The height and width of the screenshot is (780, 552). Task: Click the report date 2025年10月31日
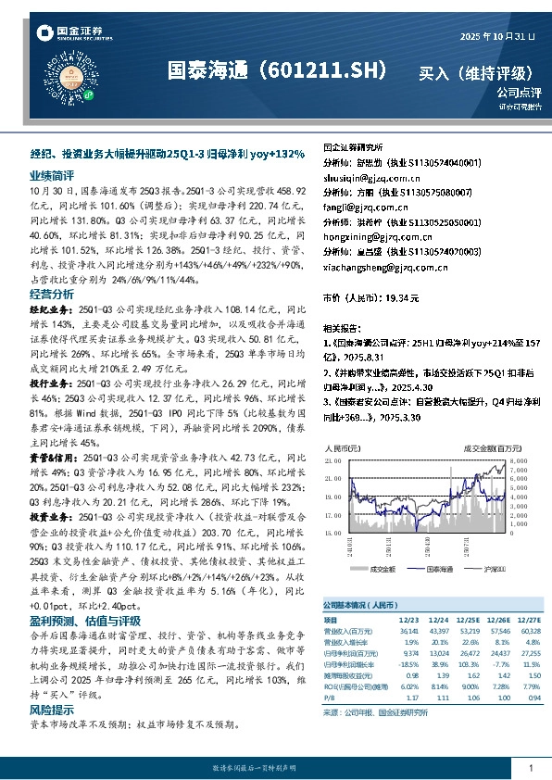[497, 36]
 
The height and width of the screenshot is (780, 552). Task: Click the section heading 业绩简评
[51, 173]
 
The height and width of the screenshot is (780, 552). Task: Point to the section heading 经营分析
[51, 293]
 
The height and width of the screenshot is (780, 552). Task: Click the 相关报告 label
[342, 329]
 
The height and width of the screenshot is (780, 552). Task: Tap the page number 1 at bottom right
[530, 768]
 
